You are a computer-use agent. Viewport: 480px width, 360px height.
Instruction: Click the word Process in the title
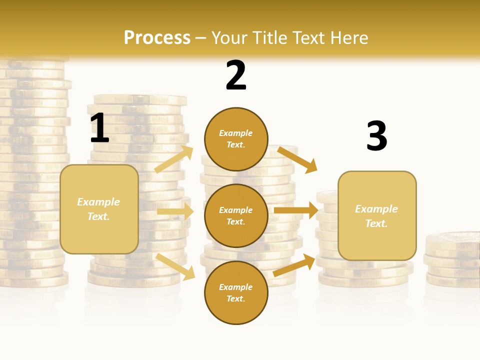tap(157, 38)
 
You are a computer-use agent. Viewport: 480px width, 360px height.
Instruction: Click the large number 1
tap(99, 128)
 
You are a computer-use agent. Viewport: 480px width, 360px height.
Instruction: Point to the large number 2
tap(236, 75)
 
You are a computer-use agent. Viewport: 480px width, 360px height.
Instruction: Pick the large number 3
tap(376, 136)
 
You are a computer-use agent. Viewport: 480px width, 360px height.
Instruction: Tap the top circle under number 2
tap(236, 139)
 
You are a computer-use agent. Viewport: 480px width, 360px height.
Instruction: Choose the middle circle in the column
tap(236, 215)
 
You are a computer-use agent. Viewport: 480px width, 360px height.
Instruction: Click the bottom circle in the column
tap(236, 292)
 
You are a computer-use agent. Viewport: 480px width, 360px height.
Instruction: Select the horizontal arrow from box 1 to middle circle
tap(175, 211)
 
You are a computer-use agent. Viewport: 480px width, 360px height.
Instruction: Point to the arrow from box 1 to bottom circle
tap(175, 266)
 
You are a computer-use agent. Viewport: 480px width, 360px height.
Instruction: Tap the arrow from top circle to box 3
tap(297, 159)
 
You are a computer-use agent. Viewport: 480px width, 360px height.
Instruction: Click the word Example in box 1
tap(98, 202)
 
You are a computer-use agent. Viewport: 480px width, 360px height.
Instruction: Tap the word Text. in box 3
tap(376, 223)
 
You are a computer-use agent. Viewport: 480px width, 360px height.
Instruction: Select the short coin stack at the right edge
tap(452, 260)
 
